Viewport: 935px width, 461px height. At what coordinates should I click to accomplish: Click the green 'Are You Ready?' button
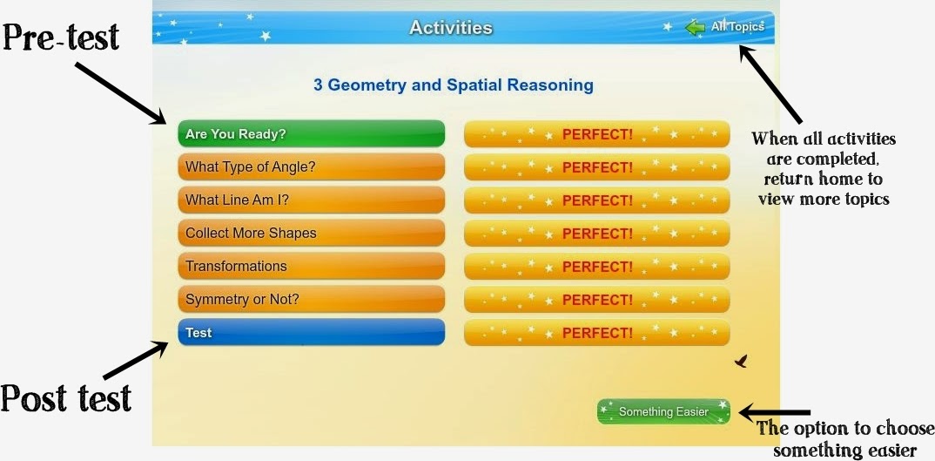click(x=311, y=134)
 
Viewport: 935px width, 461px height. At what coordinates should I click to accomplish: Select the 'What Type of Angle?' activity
click(x=311, y=167)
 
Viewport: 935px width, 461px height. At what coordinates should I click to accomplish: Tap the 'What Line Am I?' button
click(x=311, y=200)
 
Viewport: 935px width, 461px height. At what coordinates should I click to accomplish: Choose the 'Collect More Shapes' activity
click(x=311, y=234)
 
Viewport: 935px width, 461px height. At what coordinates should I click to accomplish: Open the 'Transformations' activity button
click(x=311, y=267)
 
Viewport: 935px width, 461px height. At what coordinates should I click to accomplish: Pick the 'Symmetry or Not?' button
click(x=311, y=300)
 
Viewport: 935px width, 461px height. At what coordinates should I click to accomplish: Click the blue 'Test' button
click(x=311, y=333)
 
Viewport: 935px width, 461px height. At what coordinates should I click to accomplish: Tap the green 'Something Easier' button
click(x=664, y=411)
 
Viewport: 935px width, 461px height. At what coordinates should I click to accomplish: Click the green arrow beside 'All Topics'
click(x=695, y=28)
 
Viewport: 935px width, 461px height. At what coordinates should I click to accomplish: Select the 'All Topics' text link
click(x=737, y=27)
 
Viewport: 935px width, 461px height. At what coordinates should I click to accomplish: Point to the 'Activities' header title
click(x=451, y=28)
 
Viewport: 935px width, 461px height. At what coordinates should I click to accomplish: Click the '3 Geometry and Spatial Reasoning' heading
click(x=454, y=85)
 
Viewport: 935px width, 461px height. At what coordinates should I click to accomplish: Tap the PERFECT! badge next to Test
click(x=597, y=333)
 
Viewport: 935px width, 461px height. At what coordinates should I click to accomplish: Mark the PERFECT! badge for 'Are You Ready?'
click(x=597, y=134)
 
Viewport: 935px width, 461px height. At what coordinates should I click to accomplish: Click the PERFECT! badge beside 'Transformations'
click(x=597, y=267)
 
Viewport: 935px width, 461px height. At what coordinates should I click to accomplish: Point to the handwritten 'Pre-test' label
click(x=61, y=37)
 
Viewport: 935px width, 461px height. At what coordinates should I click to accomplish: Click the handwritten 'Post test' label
click(x=66, y=398)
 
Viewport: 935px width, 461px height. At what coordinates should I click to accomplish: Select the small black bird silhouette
click(x=741, y=360)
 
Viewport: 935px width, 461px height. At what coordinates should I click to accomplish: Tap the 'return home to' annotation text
click(x=823, y=180)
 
